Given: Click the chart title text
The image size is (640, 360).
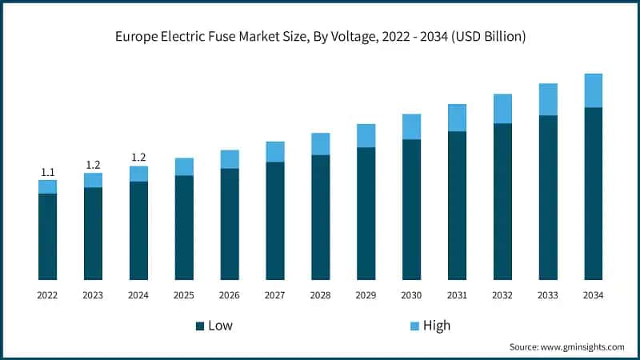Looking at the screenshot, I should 320,37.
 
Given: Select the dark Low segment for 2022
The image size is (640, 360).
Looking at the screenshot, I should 47,236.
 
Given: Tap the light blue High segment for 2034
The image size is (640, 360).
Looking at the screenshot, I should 593,90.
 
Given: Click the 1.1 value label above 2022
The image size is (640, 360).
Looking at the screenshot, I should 47,172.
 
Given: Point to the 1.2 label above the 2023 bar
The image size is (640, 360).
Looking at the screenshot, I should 93,165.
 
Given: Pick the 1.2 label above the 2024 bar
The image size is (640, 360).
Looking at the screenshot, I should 138,158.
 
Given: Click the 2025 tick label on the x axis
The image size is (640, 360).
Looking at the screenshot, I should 184,295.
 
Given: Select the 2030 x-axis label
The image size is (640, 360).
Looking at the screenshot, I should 411,295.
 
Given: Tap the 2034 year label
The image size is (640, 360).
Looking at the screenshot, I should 593,295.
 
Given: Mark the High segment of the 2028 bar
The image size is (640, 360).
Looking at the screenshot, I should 320,144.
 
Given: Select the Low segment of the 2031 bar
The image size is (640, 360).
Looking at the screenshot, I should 457,205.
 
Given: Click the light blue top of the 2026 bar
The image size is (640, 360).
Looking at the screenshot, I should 230,159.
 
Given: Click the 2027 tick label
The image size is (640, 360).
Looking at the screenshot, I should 275,295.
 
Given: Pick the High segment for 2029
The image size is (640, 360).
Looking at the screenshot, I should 366,136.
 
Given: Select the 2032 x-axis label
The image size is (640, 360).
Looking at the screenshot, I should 502,295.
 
